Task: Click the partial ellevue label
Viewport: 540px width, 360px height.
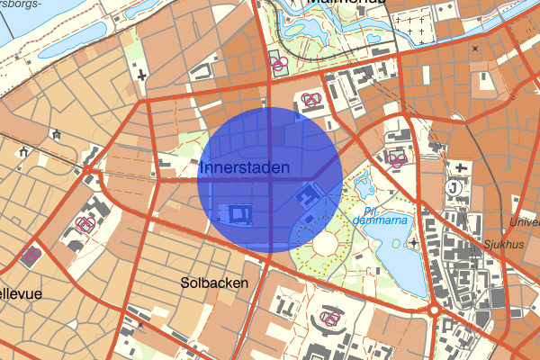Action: click(21, 293)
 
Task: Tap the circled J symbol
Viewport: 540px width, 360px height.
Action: click(454, 189)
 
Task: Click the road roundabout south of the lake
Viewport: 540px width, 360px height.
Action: click(435, 310)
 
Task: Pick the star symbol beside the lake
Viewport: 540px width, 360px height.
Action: click(413, 242)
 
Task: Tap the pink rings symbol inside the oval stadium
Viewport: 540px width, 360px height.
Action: click(328, 319)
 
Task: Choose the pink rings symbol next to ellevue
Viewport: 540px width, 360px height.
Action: click(31, 256)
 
